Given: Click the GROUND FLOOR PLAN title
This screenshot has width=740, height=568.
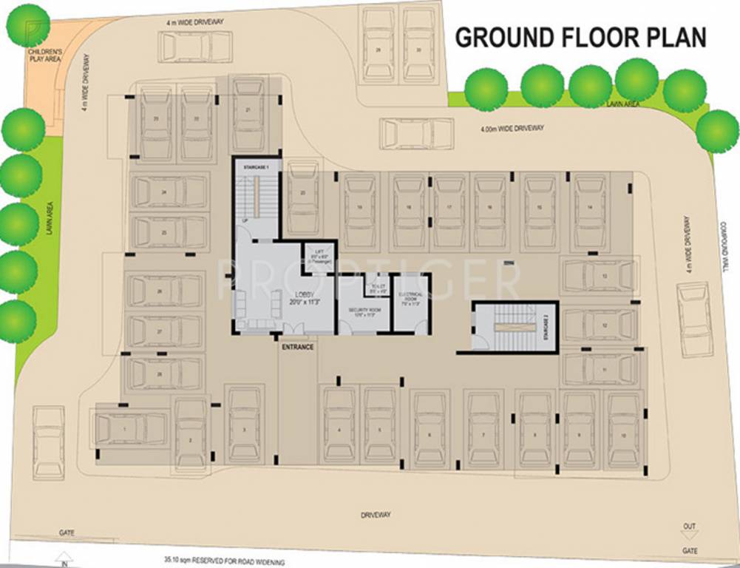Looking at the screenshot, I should (580, 37).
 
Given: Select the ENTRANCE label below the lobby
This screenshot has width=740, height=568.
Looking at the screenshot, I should (297, 347).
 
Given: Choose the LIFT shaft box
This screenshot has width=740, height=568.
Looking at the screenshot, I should (319, 258).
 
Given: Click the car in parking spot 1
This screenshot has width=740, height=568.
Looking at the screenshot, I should (130, 429).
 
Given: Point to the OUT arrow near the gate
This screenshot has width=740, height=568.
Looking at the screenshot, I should (689, 530).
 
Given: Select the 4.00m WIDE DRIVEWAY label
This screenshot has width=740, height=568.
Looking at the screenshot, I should (512, 129).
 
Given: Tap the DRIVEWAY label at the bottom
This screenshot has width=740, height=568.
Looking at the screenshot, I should (376, 515).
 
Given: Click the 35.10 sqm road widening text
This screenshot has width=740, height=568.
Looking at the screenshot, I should (225, 563).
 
